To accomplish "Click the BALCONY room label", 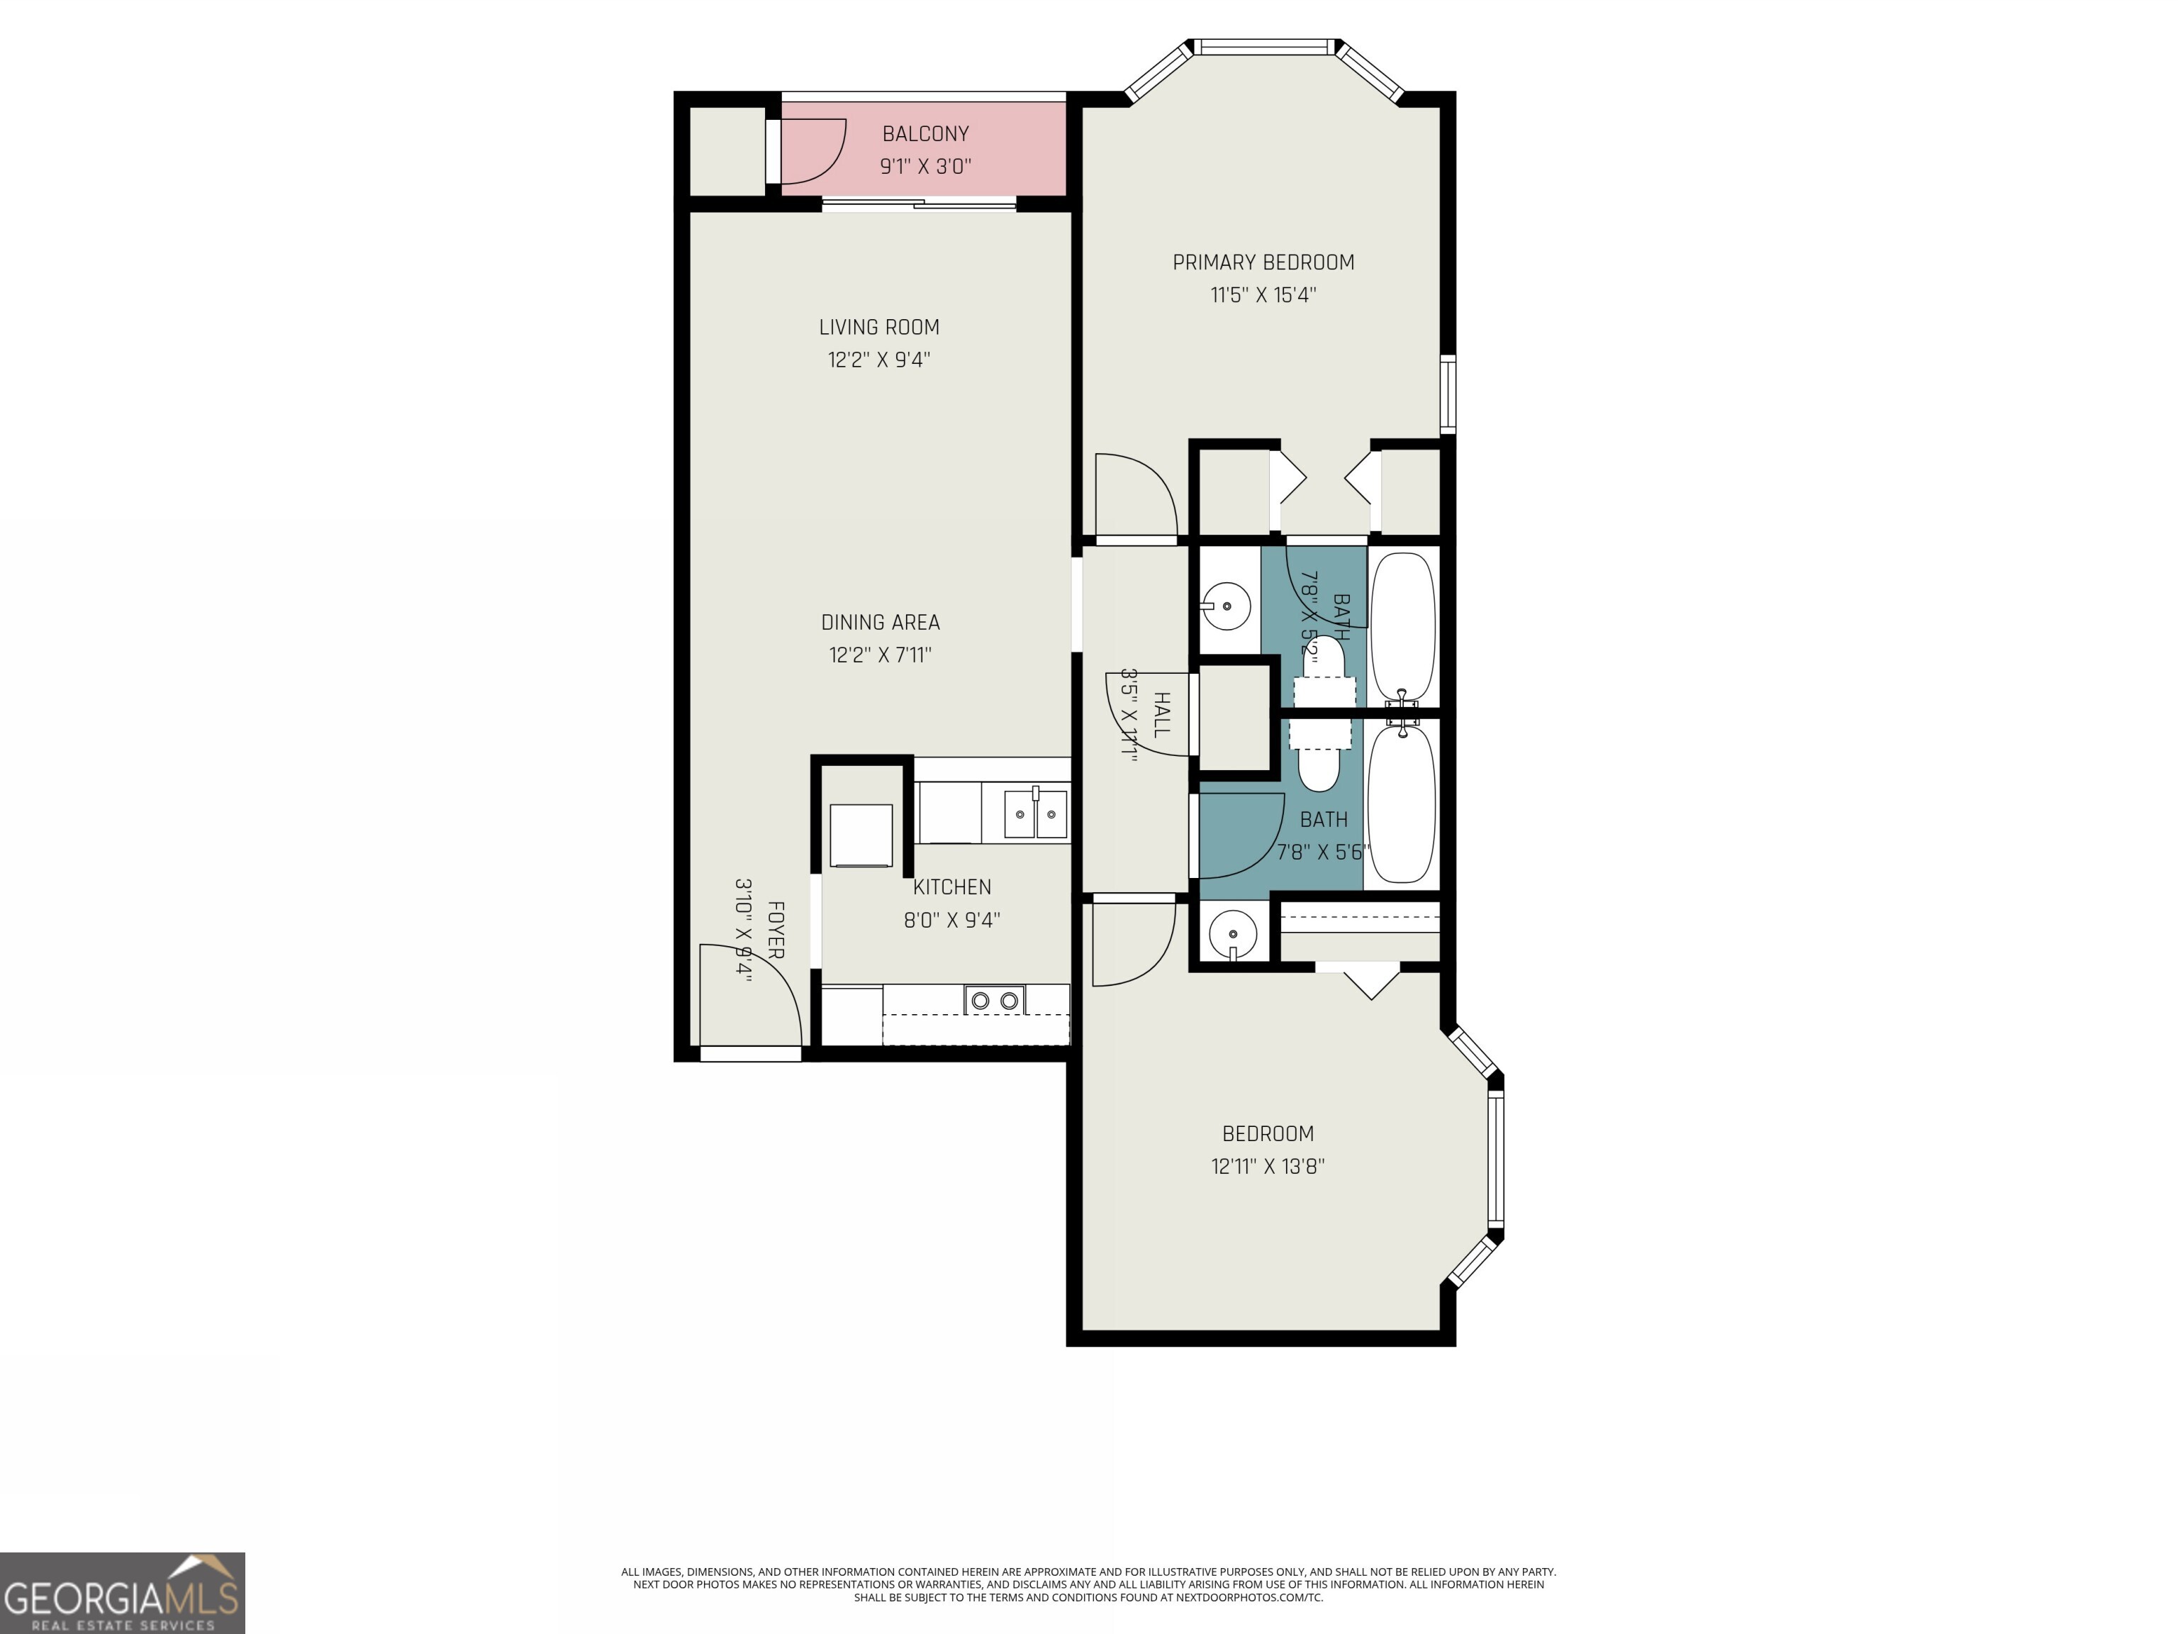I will [x=925, y=134].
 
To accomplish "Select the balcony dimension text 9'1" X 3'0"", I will [x=925, y=167].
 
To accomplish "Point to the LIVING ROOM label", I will [x=878, y=327].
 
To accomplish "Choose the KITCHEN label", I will [x=951, y=887].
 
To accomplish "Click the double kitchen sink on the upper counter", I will [x=1035, y=813].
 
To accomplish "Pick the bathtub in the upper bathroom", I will [x=1402, y=626].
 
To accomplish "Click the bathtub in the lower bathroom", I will [x=1402, y=803].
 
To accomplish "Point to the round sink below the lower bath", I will [x=1232, y=932].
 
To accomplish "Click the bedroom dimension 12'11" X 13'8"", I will [x=1267, y=1166].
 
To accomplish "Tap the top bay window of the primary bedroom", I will [x=1266, y=46].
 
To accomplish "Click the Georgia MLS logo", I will [x=122, y=1593].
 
